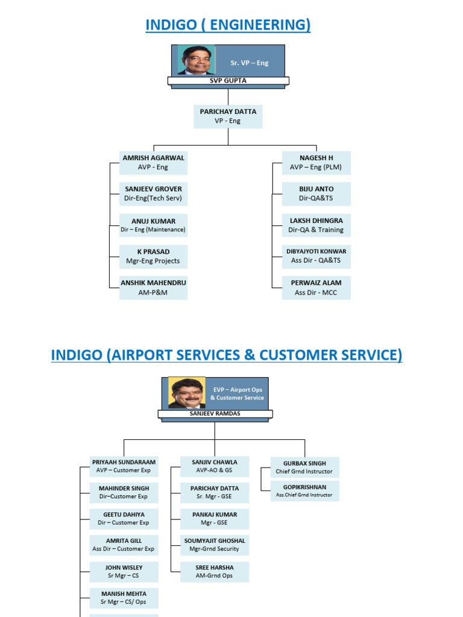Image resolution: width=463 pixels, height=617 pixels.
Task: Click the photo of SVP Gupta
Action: coord(197,60)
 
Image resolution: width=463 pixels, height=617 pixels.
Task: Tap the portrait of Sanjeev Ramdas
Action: coord(186,393)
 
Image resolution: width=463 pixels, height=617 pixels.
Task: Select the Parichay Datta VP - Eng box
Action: coord(228,116)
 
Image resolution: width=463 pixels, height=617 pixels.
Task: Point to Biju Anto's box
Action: coord(316,193)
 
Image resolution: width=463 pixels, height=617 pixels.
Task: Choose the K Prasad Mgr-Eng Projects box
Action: coord(153,257)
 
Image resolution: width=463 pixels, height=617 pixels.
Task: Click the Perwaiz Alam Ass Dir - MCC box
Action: coord(316,287)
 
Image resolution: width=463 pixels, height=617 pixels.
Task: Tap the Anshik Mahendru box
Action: coord(153,287)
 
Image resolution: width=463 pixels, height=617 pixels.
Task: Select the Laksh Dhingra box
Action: coord(316,225)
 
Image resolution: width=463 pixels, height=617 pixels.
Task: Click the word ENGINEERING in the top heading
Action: coord(259,25)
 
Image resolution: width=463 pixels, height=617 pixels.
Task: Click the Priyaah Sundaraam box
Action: coord(124,466)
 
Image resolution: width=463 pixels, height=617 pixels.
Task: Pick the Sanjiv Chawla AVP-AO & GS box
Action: coord(215,466)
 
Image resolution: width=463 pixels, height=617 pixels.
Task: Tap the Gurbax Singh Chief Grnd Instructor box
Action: coord(304,467)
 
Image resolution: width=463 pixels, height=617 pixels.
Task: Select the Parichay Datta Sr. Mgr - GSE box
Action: coord(215,492)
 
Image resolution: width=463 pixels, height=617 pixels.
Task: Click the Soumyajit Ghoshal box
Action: coord(215,545)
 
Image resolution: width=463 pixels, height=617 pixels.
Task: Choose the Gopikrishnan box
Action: coord(304,490)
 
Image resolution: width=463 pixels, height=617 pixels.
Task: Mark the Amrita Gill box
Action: coord(124,545)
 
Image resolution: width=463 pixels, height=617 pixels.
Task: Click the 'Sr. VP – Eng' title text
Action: coord(250,63)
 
